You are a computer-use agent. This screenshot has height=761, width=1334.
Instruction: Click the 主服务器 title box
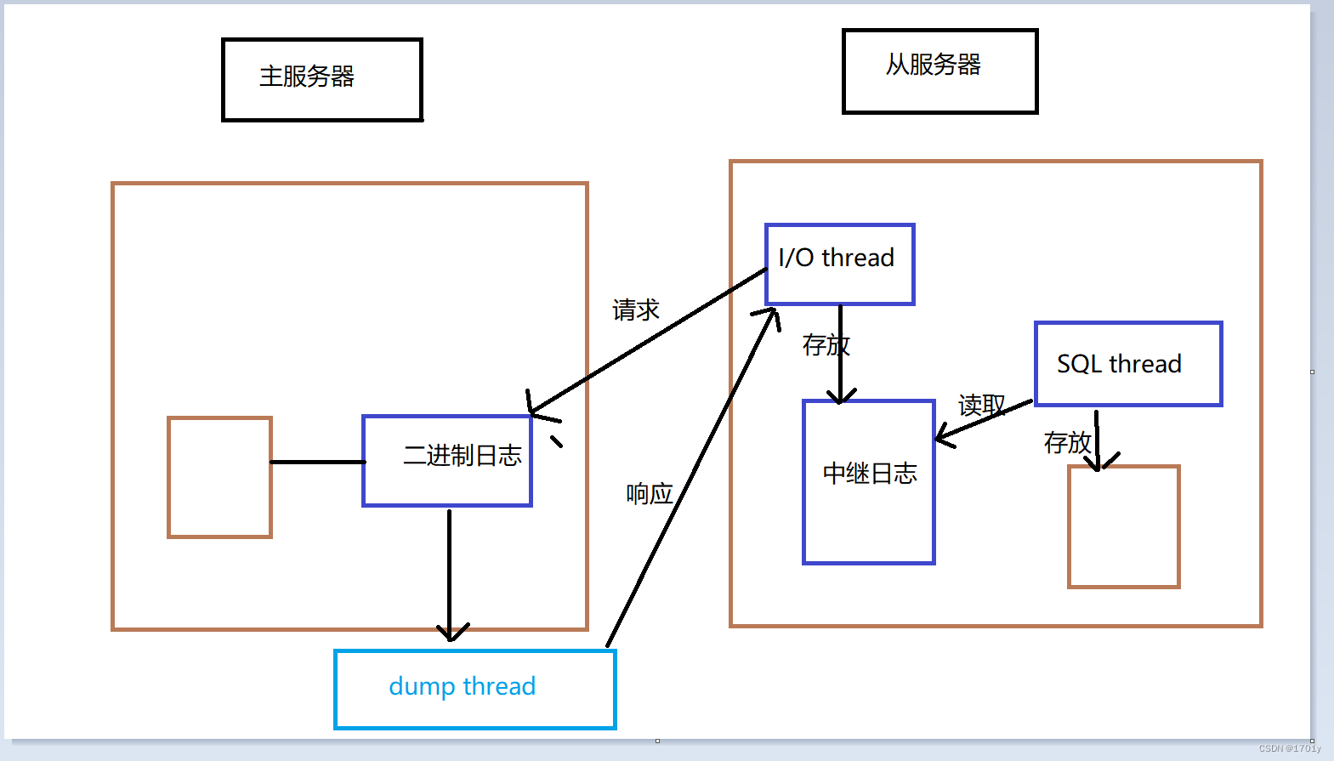[x=322, y=79]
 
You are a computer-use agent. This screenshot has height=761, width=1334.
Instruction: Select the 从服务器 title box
[x=939, y=71]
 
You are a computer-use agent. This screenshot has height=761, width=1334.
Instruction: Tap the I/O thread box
[x=839, y=264]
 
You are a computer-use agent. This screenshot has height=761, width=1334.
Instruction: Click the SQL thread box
[x=1127, y=364]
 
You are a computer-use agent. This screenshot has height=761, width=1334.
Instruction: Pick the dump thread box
[x=474, y=689]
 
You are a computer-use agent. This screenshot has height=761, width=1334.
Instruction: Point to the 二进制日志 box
[x=447, y=460]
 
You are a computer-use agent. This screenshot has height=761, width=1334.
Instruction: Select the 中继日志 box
[x=869, y=481]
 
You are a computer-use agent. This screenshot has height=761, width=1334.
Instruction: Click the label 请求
[x=636, y=310]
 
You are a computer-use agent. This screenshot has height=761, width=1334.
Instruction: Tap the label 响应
[x=650, y=493]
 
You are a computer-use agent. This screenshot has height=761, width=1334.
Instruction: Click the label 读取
[x=981, y=405]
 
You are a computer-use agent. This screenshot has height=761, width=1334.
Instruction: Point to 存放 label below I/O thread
[x=825, y=345]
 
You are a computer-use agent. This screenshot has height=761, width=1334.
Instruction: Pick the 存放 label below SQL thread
[x=1066, y=442]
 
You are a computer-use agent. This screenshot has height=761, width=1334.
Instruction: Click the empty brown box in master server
[x=219, y=477]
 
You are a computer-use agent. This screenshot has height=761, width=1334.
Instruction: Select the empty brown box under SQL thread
[x=1123, y=526]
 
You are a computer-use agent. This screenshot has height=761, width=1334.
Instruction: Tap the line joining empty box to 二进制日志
[x=317, y=462]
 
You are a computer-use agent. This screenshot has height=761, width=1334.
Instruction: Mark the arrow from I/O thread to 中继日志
[x=840, y=353]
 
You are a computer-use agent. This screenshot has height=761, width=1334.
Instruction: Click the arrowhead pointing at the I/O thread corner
[x=768, y=316]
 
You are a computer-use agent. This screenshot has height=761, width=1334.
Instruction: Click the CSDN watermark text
[x=1289, y=748]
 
